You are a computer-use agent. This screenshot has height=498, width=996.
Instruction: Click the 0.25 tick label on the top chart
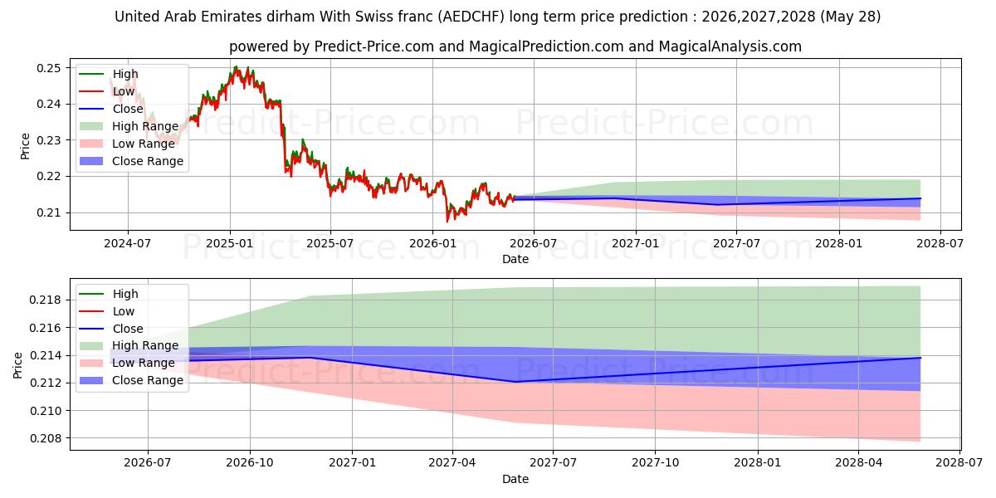tap(48, 68)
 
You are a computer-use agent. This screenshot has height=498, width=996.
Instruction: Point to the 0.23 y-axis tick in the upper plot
tap(48, 140)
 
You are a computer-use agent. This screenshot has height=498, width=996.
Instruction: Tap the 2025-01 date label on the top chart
tap(229, 244)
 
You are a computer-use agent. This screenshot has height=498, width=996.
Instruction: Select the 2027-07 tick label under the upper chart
tap(736, 244)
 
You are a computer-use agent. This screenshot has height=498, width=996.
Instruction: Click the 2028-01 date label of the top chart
tap(839, 244)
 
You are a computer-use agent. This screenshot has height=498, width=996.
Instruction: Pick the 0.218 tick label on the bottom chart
tap(45, 300)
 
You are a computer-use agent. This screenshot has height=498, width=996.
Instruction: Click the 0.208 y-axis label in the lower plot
tap(45, 438)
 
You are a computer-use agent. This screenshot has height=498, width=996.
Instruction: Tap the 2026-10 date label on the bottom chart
tap(250, 463)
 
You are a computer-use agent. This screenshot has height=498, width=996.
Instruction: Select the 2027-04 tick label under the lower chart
tap(452, 463)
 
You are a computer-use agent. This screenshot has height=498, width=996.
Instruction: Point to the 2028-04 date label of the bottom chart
tap(858, 463)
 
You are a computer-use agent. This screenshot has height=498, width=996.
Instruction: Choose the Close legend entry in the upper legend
tap(111, 109)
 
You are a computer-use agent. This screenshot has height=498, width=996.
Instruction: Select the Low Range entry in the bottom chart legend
tap(127, 363)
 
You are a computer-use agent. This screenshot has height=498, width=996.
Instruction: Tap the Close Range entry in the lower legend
tap(131, 380)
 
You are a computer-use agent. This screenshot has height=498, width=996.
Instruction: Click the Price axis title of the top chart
tap(25, 146)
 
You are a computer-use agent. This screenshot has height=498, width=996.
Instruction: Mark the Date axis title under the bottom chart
tap(515, 479)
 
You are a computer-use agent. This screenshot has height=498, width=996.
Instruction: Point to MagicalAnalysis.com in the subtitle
tap(730, 46)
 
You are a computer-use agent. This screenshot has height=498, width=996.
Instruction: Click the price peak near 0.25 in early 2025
tap(236, 66)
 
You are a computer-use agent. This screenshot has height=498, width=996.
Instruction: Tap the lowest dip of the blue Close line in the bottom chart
tap(515, 382)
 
